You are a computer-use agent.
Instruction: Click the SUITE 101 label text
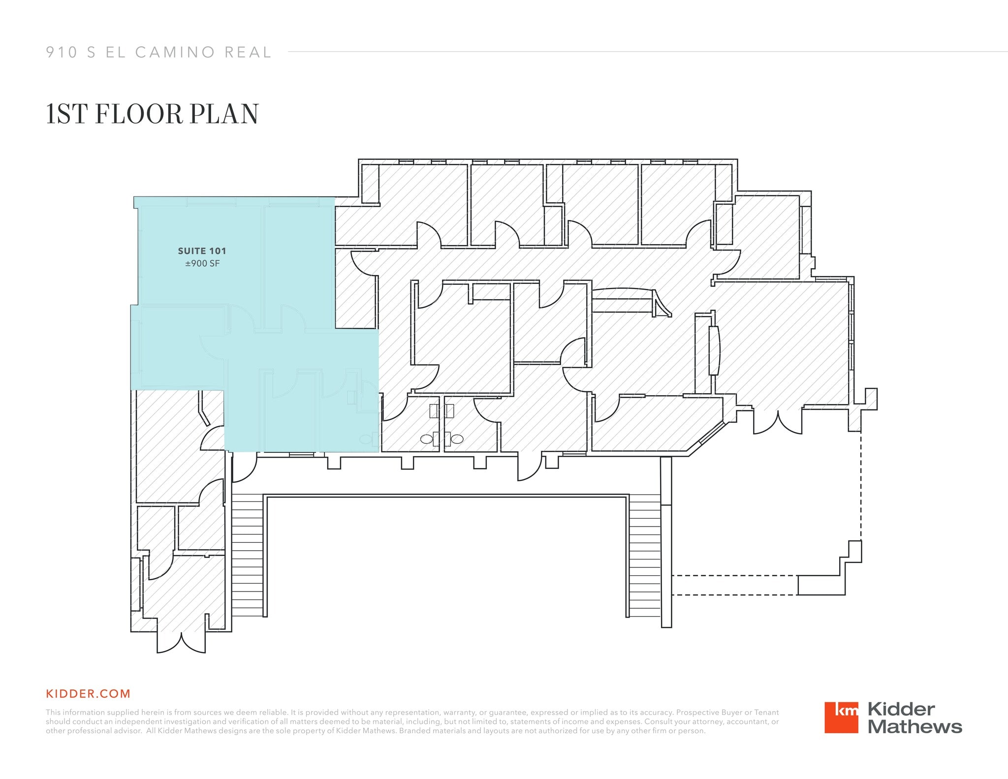click(202, 251)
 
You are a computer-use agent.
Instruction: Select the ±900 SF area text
click(202, 264)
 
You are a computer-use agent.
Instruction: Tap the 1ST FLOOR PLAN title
click(152, 114)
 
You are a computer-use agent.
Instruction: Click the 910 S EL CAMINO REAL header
click(158, 52)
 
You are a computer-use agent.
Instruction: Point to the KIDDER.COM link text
click(88, 694)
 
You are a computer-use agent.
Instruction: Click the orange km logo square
click(841, 717)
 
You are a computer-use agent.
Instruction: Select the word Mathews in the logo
click(914, 727)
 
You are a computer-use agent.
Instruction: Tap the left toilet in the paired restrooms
click(427, 439)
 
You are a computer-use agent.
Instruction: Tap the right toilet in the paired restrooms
click(457, 439)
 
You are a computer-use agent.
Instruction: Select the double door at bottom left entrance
click(181, 643)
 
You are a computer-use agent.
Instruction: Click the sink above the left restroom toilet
click(434, 410)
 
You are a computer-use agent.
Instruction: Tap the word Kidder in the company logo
click(901, 709)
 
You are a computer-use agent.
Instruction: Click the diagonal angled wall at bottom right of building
click(707, 438)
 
